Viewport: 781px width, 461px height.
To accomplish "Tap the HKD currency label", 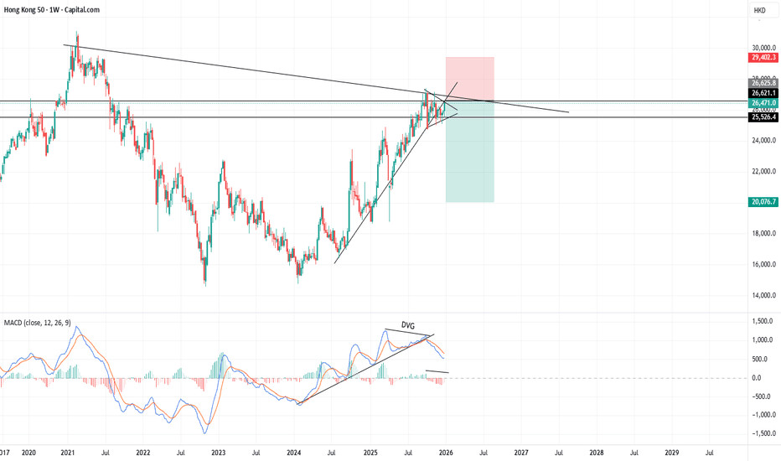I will click(760, 11).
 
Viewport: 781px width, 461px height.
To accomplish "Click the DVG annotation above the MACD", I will click(408, 324).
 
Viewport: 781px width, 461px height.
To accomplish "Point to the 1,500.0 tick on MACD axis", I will click(762, 322).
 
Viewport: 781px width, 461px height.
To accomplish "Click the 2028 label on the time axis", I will click(596, 452).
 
